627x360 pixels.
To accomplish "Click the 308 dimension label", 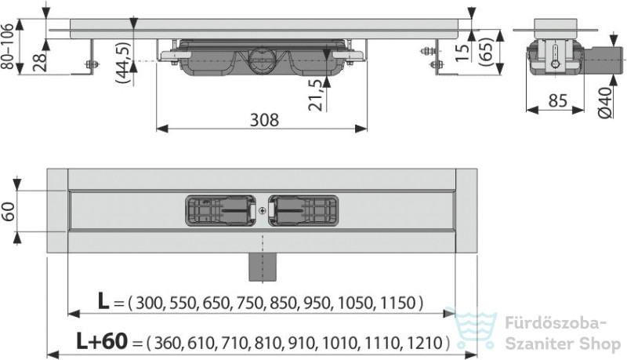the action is click(264, 119).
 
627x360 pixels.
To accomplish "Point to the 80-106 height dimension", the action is click(8, 46).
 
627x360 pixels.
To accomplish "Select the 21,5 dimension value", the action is click(316, 94).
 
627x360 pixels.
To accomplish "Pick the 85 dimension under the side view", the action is click(558, 100).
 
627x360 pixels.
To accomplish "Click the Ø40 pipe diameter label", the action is click(605, 103).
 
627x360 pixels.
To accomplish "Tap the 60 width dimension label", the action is click(9, 211).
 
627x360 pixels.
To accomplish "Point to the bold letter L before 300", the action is click(103, 301).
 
